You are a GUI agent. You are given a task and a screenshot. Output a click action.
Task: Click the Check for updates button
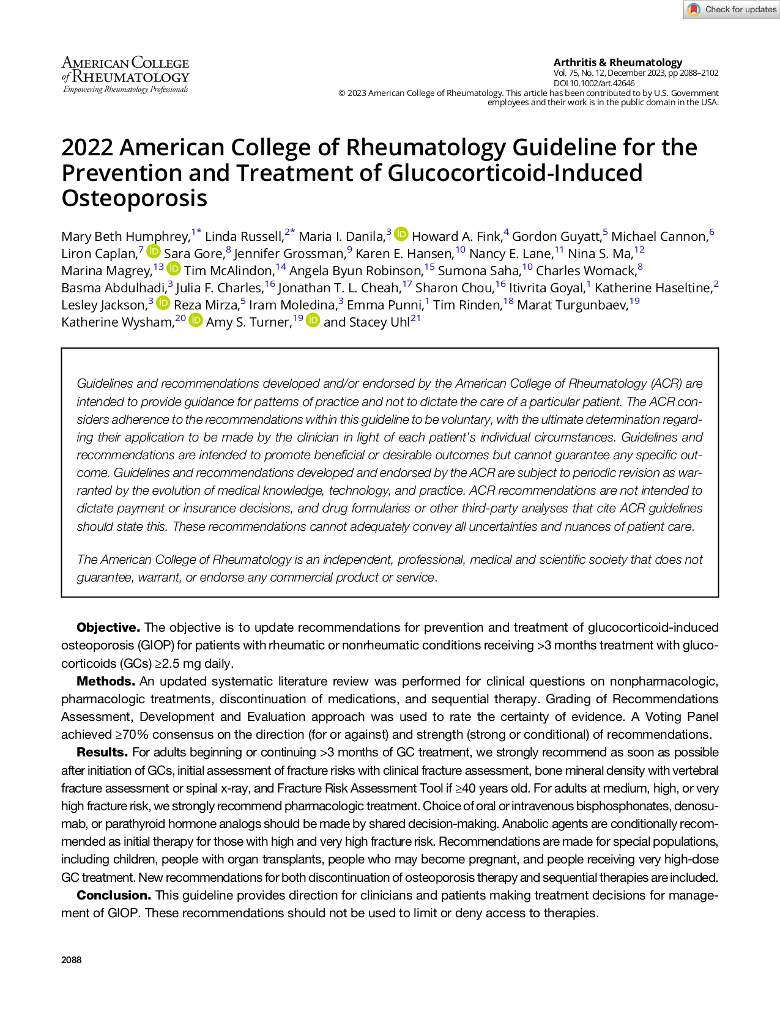[x=732, y=9]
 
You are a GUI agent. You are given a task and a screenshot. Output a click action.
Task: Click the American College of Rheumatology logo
[x=125, y=75]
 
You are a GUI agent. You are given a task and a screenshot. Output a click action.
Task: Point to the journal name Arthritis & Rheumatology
[x=617, y=62]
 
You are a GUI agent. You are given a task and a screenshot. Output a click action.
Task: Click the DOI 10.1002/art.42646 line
[x=593, y=83]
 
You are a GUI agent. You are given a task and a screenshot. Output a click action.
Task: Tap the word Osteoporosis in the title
[x=134, y=198]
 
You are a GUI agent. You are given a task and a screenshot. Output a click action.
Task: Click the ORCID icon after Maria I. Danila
[x=401, y=234]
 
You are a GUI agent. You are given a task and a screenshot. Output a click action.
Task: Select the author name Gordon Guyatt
[x=556, y=237]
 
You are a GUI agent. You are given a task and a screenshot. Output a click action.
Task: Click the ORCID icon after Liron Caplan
[x=154, y=251]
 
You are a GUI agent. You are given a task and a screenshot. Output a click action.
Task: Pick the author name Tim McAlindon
[x=228, y=271]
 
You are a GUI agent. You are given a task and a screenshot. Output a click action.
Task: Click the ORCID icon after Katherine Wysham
[x=196, y=320]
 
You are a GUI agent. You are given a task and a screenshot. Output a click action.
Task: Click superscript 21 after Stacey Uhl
[x=416, y=318]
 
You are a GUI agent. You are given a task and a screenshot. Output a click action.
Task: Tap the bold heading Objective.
[x=108, y=627]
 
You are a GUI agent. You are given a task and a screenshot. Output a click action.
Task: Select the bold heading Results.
[x=102, y=752]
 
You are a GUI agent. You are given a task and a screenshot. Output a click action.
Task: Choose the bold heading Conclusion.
[x=113, y=895]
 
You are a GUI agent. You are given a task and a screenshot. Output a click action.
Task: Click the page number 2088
[x=72, y=959]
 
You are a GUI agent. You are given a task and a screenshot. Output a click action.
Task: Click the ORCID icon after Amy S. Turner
[x=313, y=320]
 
